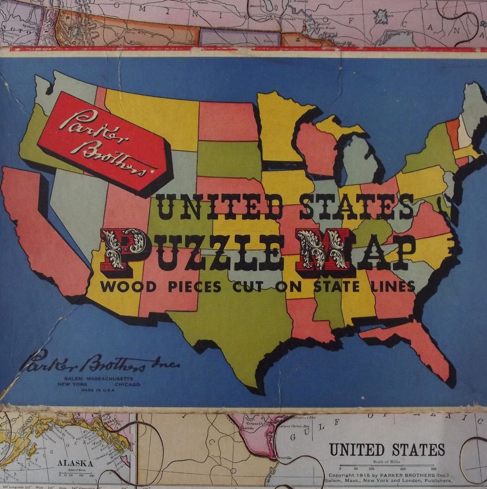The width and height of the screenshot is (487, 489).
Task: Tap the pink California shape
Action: pyautogui.click(x=45, y=235)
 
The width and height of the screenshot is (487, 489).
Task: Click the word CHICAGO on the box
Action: pyautogui.click(x=128, y=384)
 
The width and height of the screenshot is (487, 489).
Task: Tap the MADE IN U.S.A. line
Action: pyautogui.click(x=98, y=390)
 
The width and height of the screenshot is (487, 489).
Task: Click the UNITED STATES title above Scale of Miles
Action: pyautogui.click(x=386, y=450)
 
